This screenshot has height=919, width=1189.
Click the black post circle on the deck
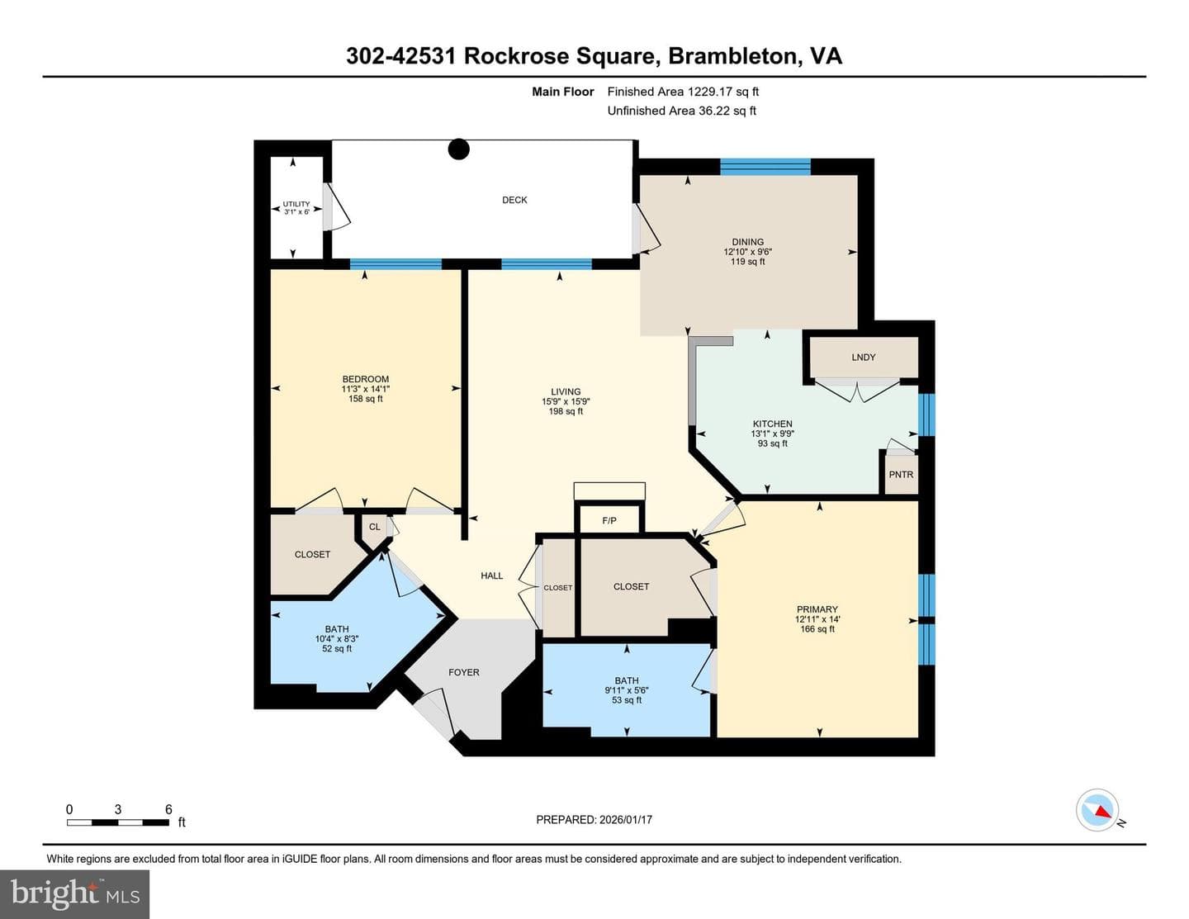(458, 149)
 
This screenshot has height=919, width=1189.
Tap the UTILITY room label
(296, 204)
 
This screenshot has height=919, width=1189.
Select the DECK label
(514, 200)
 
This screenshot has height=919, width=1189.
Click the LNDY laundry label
(864, 358)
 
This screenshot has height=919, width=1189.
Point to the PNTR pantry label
(901, 474)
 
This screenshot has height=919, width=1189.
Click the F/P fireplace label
(609, 521)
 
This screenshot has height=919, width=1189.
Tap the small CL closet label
(374, 527)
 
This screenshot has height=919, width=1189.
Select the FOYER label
(463, 672)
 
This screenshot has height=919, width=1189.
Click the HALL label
(491, 576)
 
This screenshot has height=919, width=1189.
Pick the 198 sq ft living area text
(566, 411)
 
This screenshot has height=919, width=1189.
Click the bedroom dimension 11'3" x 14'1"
(366, 389)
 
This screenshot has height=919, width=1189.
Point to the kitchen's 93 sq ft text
(772, 443)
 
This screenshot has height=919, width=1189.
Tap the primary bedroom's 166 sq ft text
(817, 629)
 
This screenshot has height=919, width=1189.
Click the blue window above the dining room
(765, 167)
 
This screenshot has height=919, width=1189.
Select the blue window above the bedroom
(396, 264)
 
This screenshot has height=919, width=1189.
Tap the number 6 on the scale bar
(168, 809)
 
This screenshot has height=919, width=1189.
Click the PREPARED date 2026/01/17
(626, 819)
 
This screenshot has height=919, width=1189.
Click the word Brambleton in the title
(732, 56)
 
